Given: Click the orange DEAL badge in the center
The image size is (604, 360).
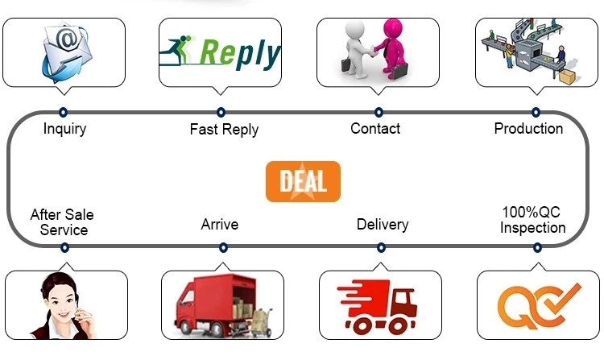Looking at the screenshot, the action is coord(303,181).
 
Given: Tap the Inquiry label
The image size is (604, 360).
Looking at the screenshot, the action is coord(64,129).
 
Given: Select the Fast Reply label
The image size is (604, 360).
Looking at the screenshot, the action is coord(224,129).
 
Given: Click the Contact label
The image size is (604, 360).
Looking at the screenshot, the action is coord(375,128).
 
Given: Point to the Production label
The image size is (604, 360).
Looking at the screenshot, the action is coord(528,128).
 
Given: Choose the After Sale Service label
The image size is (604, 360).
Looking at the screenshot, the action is coord(62,222).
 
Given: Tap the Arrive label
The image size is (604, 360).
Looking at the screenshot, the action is coord(220,224).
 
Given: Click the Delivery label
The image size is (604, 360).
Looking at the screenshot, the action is coord(383,224).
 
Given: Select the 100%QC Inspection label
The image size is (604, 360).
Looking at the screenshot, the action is coord(532,220).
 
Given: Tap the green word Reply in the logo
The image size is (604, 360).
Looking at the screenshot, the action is coord(239,54).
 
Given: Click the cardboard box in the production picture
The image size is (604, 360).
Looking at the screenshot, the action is coord(568,77).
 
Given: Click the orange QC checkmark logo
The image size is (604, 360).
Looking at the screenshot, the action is coord(538,306).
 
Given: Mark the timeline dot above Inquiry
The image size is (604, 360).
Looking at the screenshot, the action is coord(63,112).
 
